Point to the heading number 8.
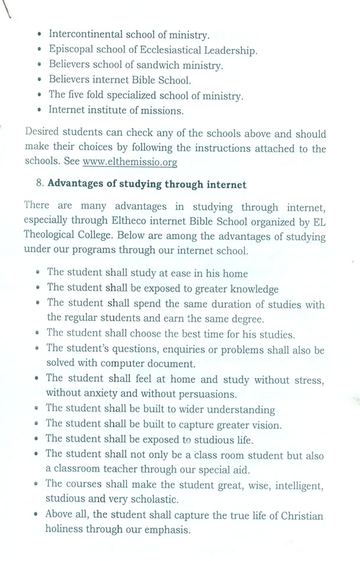[40, 184]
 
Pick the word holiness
[68, 530]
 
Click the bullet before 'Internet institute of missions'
[38, 110]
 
